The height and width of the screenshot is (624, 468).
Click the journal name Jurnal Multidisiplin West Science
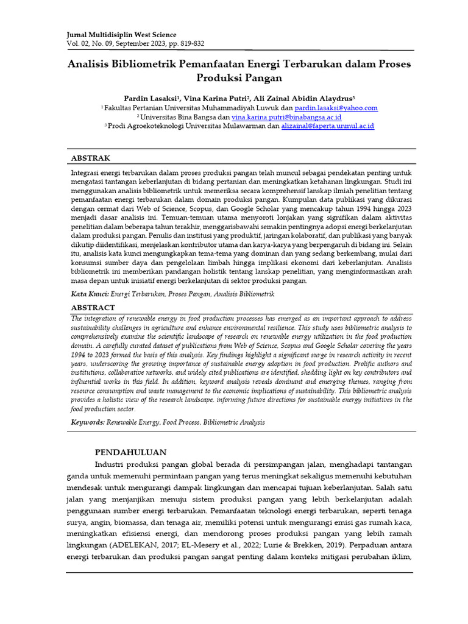[x=121, y=35]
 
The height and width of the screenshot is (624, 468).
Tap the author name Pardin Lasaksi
[x=150, y=97]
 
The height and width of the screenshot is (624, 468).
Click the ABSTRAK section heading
[x=91, y=158]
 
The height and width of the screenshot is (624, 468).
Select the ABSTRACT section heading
[x=93, y=308]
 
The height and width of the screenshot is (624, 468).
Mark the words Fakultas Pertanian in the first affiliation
[x=133, y=108]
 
